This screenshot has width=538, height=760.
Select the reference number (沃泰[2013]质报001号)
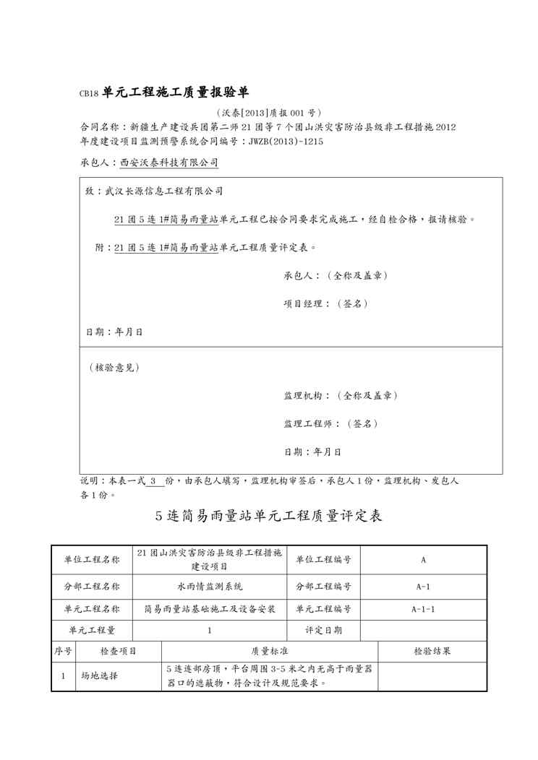[268, 113]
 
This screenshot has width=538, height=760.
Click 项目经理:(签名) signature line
[325, 304]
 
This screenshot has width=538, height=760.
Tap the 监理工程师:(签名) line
[330, 423]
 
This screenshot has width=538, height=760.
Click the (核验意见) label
[114, 367]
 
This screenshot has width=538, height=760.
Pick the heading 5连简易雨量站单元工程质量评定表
[269, 516]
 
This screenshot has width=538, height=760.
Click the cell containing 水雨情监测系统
[210, 587]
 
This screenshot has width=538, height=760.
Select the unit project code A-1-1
[422, 608]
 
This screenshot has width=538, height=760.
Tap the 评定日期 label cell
[323, 630]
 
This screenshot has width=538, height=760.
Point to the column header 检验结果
[432, 651]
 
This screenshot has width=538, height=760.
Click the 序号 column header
[63, 651]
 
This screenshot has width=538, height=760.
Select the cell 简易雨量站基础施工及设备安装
[210, 608]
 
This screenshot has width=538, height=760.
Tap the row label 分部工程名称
[92, 587]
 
